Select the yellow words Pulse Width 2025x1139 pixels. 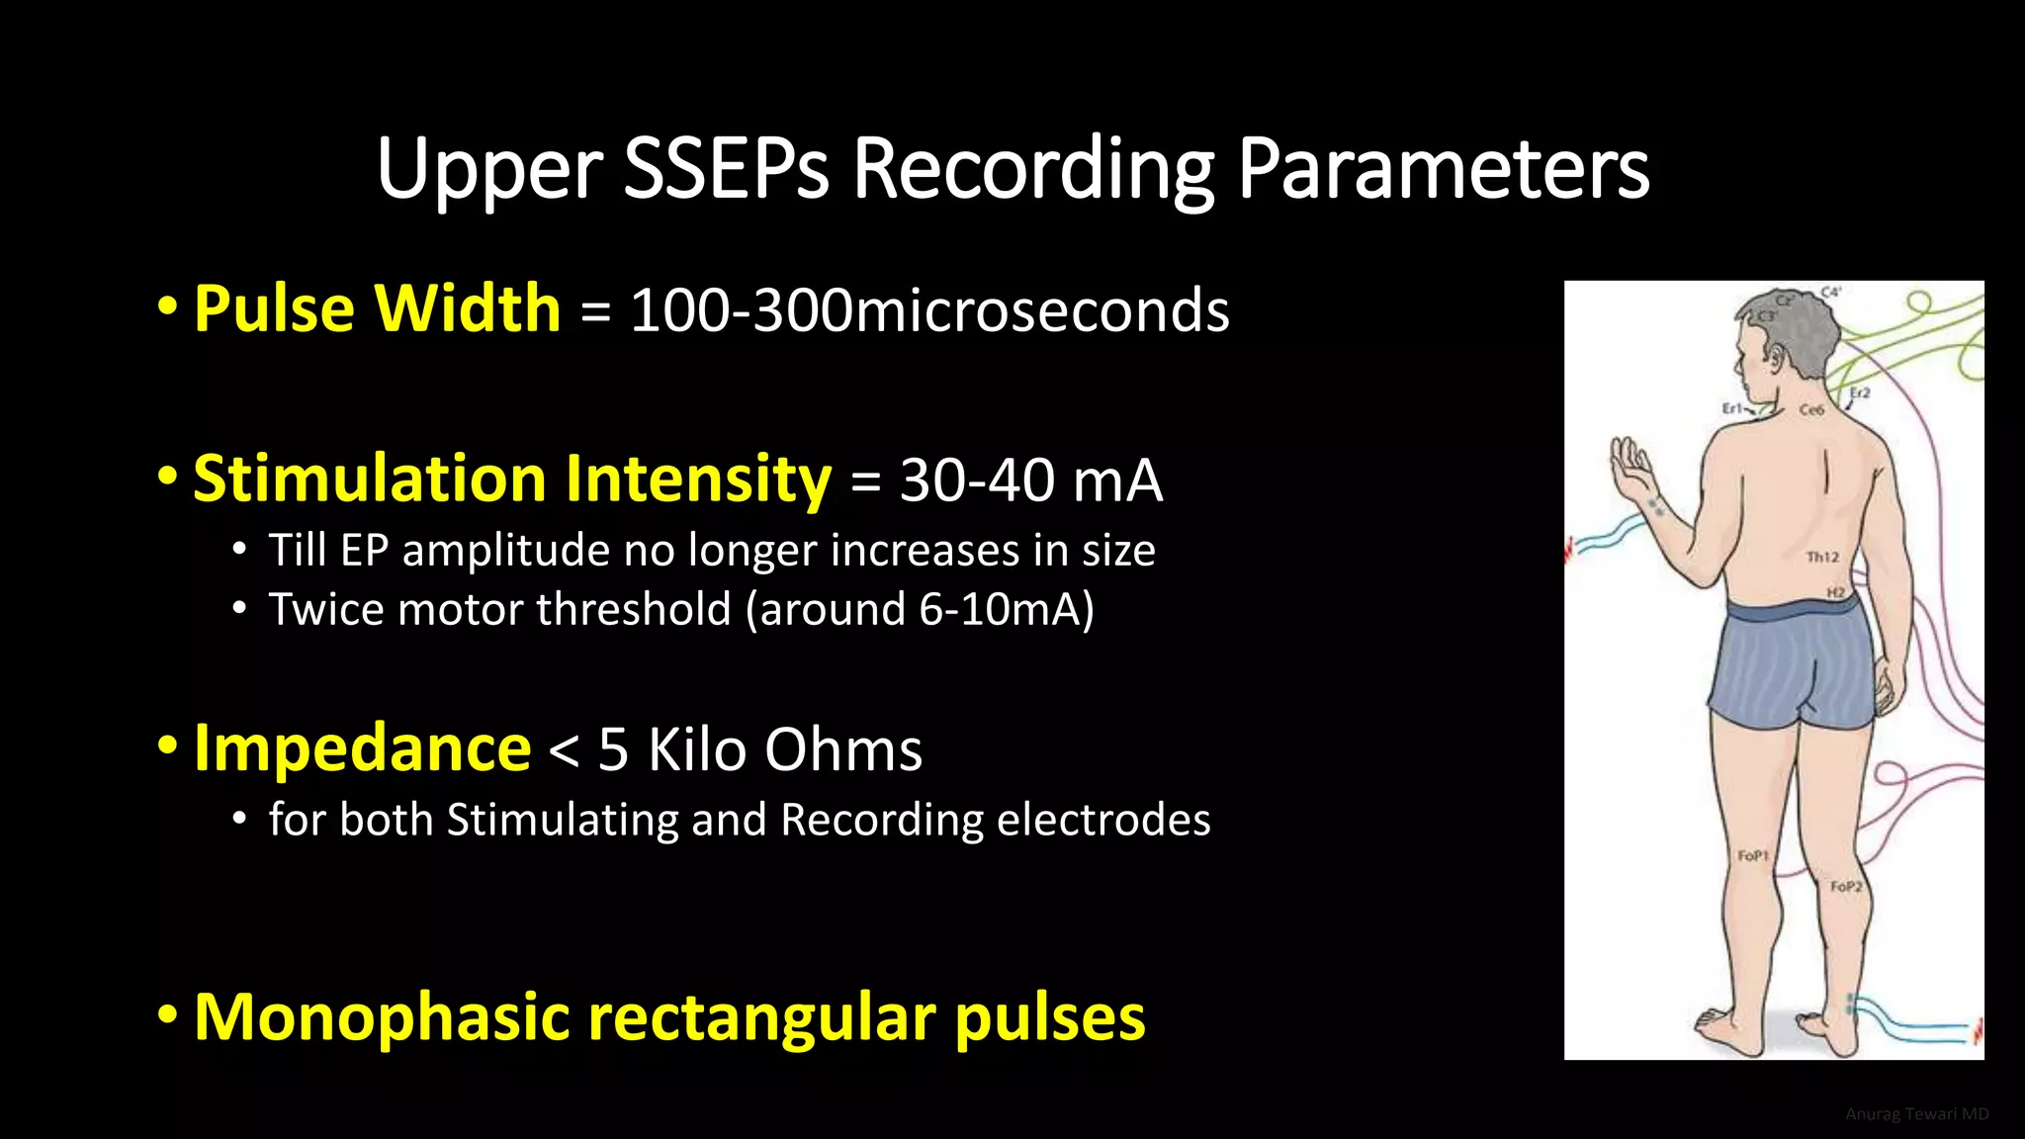[x=377, y=308]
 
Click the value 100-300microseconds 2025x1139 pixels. [x=929, y=310]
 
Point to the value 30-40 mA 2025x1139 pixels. [x=1030, y=481]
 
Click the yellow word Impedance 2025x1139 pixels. [x=362, y=748]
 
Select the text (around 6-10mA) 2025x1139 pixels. [x=920, y=609]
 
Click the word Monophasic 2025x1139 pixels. [x=382, y=1016]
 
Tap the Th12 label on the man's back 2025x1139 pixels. [x=1822, y=558]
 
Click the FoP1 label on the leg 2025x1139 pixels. [x=1753, y=855]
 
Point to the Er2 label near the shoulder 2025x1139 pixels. [x=1860, y=393]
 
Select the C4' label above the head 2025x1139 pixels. [x=1831, y=293]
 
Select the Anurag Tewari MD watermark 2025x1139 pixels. [x=1916, y=1114]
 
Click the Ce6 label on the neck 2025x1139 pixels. [x=1811, y=409]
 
